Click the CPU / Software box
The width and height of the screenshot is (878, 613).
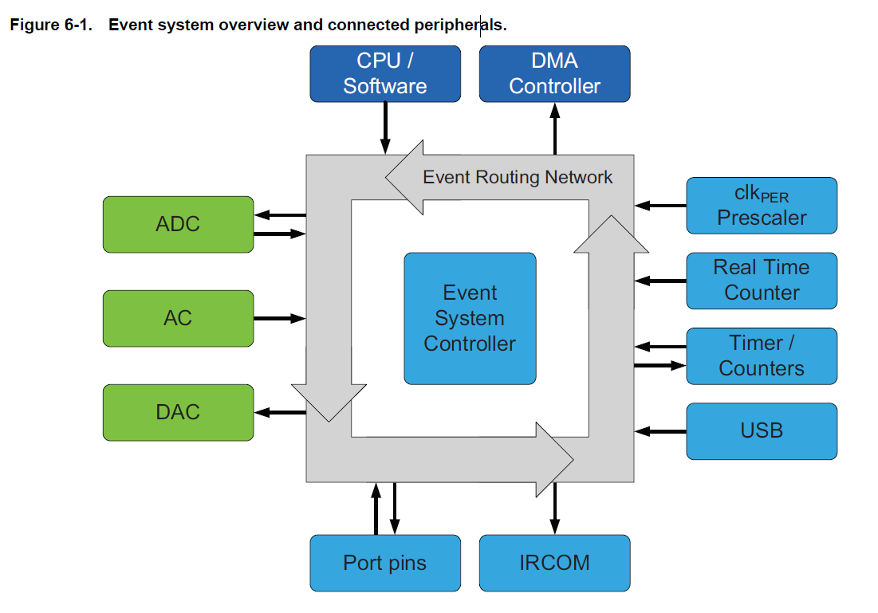point(385,74)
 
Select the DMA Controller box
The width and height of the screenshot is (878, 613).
point(554,74)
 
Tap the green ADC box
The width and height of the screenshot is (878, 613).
point(178,224)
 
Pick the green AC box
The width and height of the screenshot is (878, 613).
point(178,318)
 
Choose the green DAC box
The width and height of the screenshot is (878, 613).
point(178,412)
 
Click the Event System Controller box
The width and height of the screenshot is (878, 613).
point(470,318)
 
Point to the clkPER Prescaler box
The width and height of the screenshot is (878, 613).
point(762,206)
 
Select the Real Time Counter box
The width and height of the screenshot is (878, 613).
point(762,281)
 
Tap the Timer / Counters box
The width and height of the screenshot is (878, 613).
point(762,356)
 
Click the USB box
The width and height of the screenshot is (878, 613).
point(762,431)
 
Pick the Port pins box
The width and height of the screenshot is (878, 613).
point(385,563)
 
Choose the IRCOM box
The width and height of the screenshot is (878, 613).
point(554,563)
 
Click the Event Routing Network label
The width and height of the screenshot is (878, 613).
point(518,177)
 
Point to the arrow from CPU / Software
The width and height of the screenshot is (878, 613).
point(385,128)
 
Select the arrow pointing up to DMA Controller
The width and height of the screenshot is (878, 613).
point(555,128)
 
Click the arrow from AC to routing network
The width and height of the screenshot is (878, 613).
point(279,319)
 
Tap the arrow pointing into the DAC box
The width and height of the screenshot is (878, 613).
point(280,413)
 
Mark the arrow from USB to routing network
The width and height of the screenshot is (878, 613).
point(661,431)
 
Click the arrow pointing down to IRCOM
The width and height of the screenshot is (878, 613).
point(555,509)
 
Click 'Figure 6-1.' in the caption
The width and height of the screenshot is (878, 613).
point(51,25)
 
